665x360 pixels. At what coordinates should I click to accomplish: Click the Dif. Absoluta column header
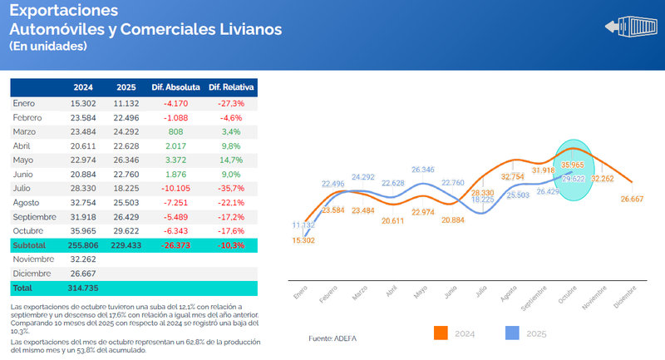point(175,87)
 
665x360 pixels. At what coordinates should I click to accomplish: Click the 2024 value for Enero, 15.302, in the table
point(83,103)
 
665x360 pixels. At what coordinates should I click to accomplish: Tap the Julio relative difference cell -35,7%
point(231,189)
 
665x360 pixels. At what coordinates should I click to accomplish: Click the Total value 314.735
point(83,288)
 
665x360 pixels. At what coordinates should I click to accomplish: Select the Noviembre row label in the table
point(34,260)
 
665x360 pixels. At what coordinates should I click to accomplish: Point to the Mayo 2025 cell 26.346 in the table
point(126,160)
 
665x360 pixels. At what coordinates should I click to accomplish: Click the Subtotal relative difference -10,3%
point(231,246)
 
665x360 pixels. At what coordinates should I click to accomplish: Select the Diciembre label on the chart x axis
point(626,297)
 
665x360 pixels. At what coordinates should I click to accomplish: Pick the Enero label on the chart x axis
point(300,294)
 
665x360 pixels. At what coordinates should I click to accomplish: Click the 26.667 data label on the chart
point(633,199)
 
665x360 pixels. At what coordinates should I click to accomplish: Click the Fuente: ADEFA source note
point(332,338)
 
